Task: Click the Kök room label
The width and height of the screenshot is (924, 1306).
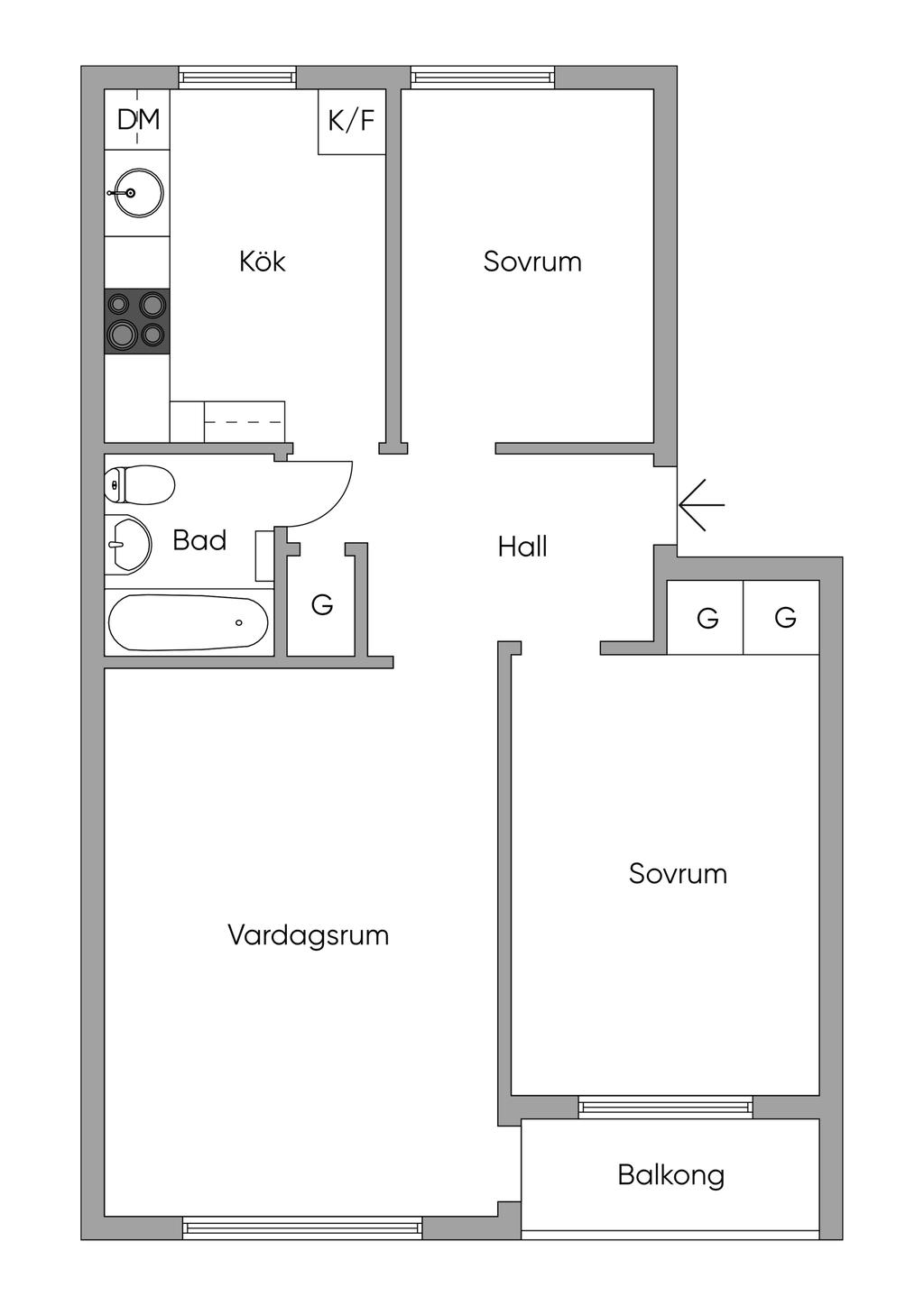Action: pyautogui.click(x=263, y=262)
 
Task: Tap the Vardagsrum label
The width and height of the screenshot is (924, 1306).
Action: pyautogui.click(x=308, y=935)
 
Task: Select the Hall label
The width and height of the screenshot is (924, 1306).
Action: pyautogui.click(x=522, y=547)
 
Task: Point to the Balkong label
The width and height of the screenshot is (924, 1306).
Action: pyautogui.click(x=670, y=1175)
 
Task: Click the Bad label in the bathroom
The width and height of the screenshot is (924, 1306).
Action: pyautogui.click(x=199, y=541)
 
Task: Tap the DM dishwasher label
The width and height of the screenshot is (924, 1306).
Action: pyautogui.click(x=138, y=119)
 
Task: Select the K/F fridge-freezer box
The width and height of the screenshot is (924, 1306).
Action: pyautogui.click(x=352, y=121)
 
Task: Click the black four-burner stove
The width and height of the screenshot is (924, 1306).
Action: pyautogui.click(x=137, y=320)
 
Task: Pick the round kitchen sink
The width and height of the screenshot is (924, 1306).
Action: pyautogui.click(x=135, y=192)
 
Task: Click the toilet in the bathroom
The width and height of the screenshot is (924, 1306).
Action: pyautogui.click(x=139, y=485)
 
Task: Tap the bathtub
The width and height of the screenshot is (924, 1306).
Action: pyautogui.click(x=189, y=623)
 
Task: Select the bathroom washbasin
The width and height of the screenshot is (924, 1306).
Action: pyautogui.click(x=126, y=545)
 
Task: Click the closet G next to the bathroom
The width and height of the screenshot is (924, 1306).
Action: pyautogui.click(x=321, y=604)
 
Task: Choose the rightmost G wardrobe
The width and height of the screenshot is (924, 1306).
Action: pyautogui.click(x=784, y=618)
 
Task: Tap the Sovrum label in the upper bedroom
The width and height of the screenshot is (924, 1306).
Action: pyautogui.click(x=531, y=262)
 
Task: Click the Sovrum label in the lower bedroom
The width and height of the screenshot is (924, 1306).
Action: pyautogui.click(x=678, y=874)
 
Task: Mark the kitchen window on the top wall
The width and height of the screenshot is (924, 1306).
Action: pyautogui.click(x=237, y=78)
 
